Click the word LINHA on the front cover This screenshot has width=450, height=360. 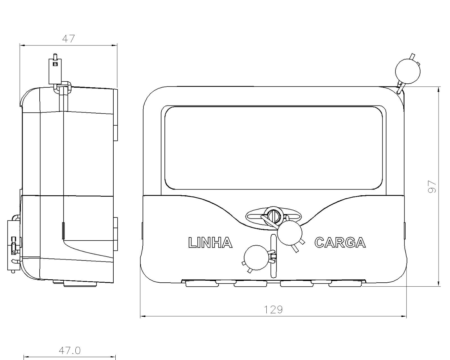pyautogui.click(x=210, y=242)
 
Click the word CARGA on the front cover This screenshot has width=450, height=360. pyautogui.click(x=340, y=242)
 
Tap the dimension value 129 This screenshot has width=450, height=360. pyautogui.click(x=273, y=310)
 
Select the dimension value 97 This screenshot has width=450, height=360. pyautogui.click(x=432, y=187)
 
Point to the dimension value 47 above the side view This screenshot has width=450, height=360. pyautogui.click(x=69, y=39)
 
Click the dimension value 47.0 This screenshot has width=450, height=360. pyautogui.click(x=70, y=351)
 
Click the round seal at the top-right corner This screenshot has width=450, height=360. pyautogui.click(x=408, y=71)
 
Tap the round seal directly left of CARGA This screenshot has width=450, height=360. pyautogui.click(x=290, y=233)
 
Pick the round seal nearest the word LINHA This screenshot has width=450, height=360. pyautogui.click(x=256, y=257)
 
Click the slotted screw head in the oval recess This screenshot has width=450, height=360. pyautogui.click(x=274, y=215)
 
